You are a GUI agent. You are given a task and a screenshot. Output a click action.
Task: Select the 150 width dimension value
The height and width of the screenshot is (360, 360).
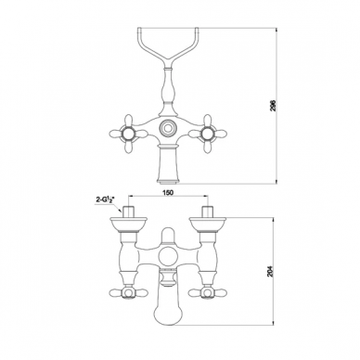click(x=168, y=192)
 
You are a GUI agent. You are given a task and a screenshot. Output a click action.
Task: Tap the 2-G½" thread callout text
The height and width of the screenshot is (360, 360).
click(x=106, y=199)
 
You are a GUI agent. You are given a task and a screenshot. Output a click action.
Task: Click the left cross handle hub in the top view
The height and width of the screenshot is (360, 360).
click(x=128, y=134)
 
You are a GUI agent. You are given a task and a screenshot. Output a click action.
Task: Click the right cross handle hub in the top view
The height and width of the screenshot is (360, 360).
click(x=206, y=134)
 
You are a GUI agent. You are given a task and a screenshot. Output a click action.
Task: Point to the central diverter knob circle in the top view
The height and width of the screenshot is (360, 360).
click(x=167, y=127)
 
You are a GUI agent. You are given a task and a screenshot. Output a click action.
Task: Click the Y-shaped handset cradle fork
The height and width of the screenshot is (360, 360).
click(x=167, y=46)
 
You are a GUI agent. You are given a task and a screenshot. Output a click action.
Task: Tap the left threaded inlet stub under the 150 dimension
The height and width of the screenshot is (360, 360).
click(x=128, y=212)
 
